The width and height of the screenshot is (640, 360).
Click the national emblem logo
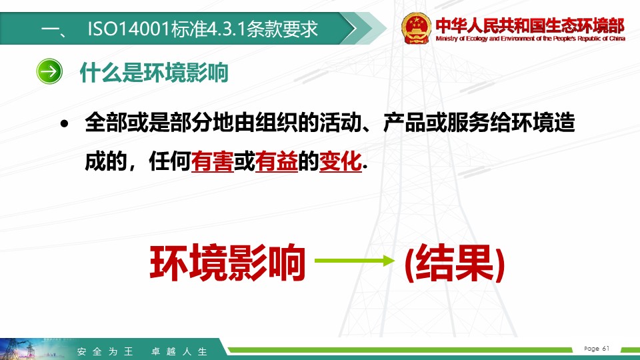click(x=416, y=28)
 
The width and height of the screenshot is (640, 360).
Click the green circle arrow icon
click(x=49, y=71)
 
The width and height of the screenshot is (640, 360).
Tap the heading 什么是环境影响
click(x=154, y=73)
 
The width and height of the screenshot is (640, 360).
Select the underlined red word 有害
click(x=212, y=161)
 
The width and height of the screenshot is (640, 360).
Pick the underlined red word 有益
click(x=276, y=161)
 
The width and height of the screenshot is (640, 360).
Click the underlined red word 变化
click(x=341, y=161)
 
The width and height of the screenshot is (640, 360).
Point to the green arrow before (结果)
click(x=355, y=261)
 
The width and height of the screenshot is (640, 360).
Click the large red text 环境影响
click(x=228, y=263)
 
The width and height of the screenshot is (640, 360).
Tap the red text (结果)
click(x=455, y=263)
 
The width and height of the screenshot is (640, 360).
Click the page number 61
click(x=606, y=348)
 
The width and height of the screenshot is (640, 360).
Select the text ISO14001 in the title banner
click(x=129, y=29)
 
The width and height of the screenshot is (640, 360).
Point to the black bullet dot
click(x=64, y=123)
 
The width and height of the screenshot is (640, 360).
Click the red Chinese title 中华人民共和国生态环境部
click(x=530, y=25)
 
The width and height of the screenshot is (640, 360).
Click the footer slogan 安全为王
click(x=105, y=351)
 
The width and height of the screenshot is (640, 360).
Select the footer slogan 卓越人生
click(x=179, y=351)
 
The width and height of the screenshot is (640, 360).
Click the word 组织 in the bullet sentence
click(x=276, y=122)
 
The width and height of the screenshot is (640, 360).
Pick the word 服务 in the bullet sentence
click(x=468, y=122)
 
